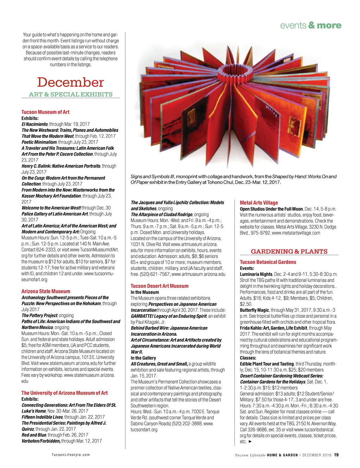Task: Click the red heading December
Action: click(70, 82)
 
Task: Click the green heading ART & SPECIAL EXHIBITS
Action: click(71, 94)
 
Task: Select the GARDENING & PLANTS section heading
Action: click(289, 252)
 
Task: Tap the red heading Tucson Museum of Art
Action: click(45, 112)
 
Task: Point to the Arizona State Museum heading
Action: click(46, 291)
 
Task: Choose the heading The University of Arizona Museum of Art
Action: click(64, 393)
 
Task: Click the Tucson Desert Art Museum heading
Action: click(159, 286)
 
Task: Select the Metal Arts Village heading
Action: click(259, 203)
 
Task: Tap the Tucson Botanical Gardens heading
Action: click(268, 262)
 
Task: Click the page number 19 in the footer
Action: click(336, 455)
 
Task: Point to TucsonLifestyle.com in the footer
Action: click(71, 455)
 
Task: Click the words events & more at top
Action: click(310, 25)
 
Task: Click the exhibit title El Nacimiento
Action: click(35, 124)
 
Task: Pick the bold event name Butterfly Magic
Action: click(254, 310)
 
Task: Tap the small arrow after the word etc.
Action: click(250, 441)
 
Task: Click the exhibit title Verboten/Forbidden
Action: click(41, 441)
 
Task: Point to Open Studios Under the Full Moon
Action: click(271, 209)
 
